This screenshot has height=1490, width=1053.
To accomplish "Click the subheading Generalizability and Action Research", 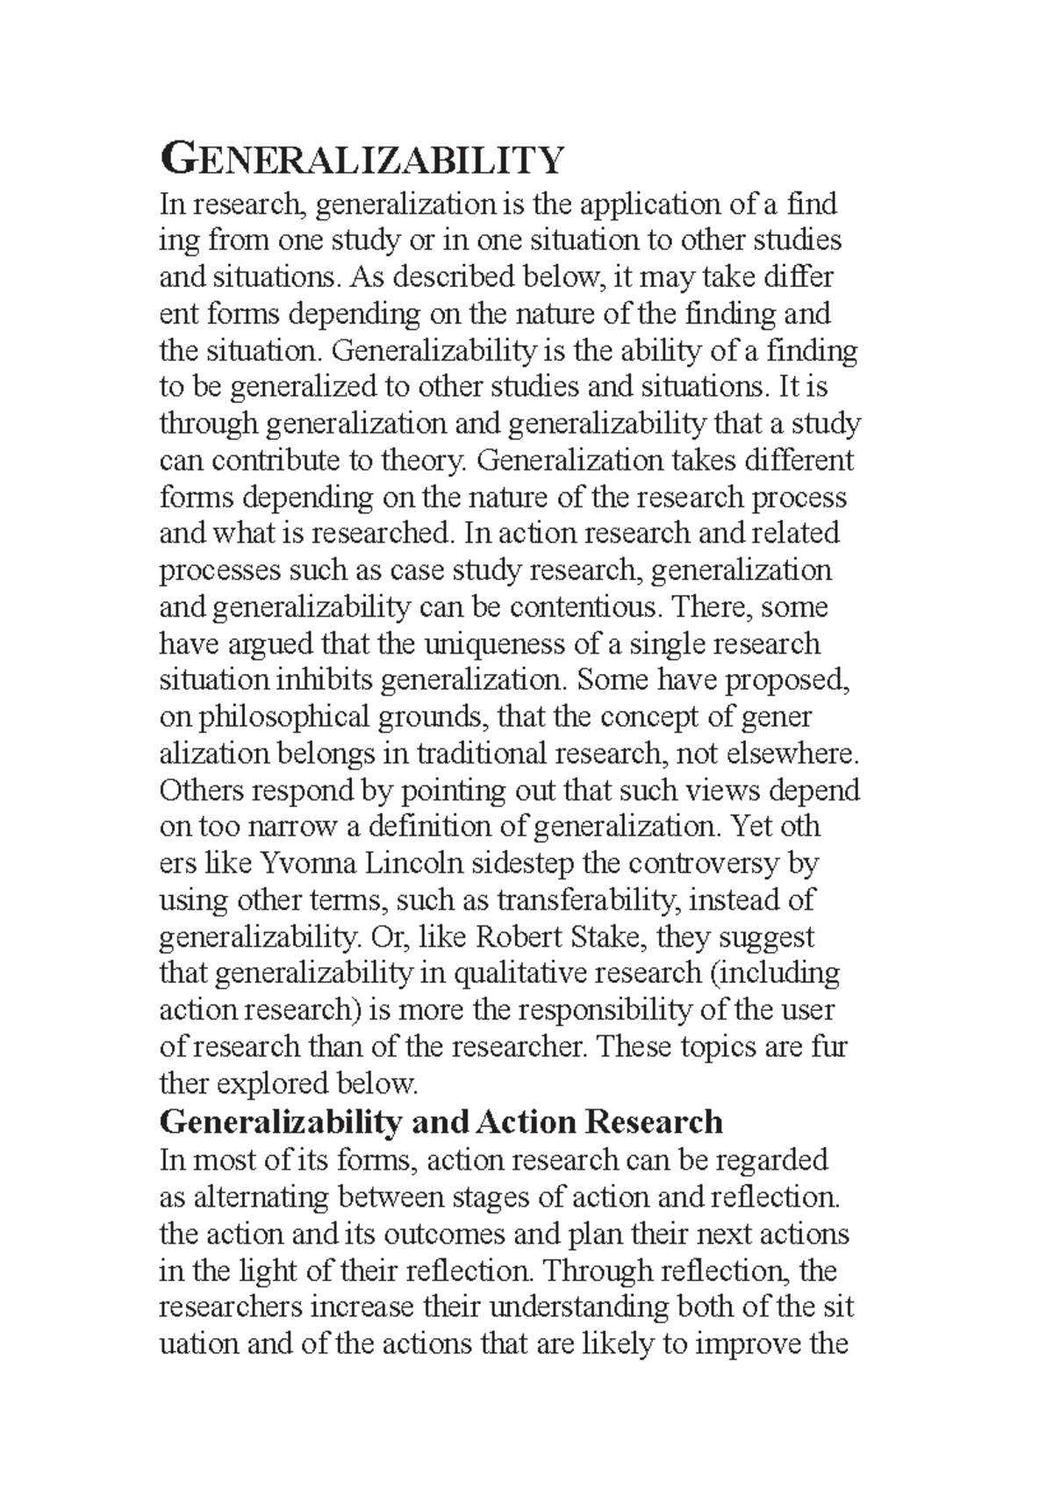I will (441, 1122).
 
